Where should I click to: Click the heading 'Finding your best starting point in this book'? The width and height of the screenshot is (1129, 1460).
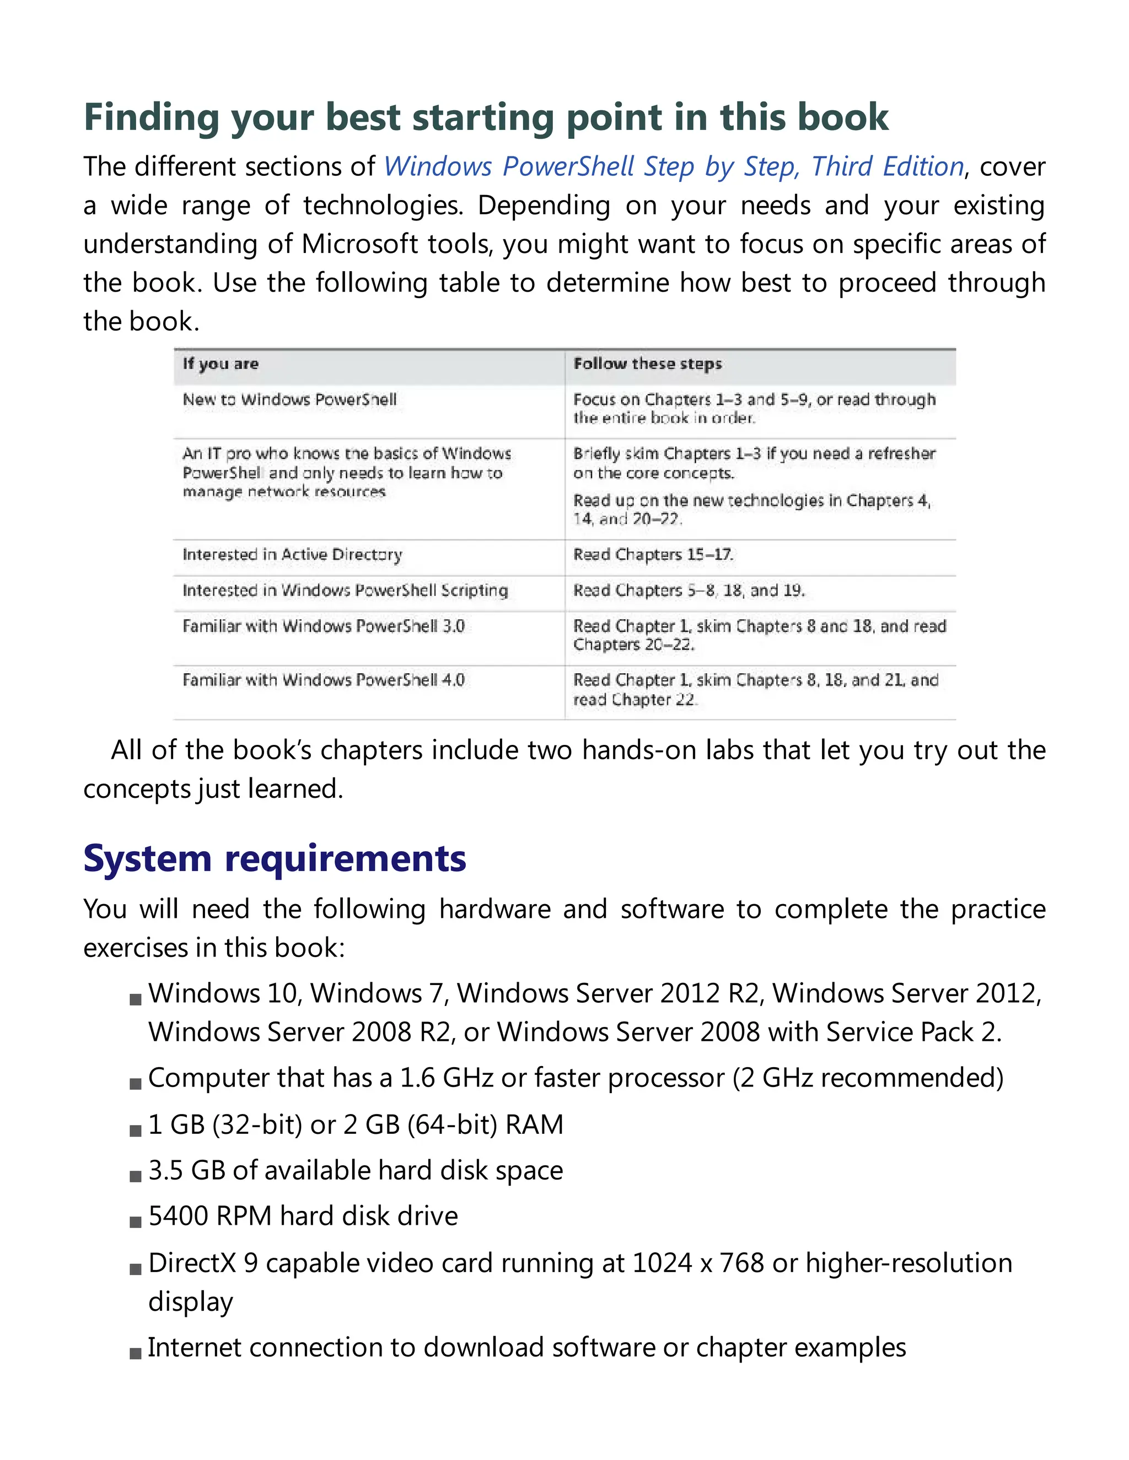click(x=486, y=118)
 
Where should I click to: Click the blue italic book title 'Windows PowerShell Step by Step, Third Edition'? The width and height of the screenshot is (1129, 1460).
click(x=674, y=166)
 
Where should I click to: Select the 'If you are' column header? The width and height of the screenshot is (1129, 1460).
click(x=220, y=364)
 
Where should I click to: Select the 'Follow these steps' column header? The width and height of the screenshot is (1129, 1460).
click(x=647, y=364)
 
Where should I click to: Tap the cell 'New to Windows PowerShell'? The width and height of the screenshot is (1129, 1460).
click(x=289, y=400)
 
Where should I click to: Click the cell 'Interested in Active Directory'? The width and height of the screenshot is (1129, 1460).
click(x=292, y=555)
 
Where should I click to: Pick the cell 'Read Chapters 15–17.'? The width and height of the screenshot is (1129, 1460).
click(x=653, y=555)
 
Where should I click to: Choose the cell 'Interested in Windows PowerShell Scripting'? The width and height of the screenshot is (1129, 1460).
click(x=345, y=590)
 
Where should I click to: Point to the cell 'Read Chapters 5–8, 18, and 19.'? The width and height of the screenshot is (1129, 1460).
click(x=689, y=590)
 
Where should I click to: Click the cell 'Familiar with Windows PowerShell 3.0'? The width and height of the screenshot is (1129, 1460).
click(x=323, y=626)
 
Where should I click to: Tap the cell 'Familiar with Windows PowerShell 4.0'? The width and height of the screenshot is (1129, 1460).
click(x=323, y=680)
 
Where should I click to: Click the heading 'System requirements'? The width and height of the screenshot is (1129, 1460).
click(x=274, y=858)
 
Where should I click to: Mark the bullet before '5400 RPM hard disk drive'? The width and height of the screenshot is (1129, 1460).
click(x=136, y=1222)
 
